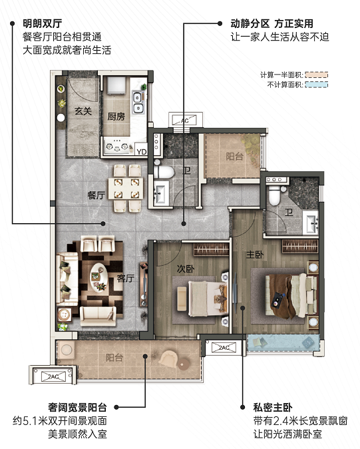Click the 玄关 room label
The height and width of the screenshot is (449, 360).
(83, 111)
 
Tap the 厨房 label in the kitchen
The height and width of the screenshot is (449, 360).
(116, 117)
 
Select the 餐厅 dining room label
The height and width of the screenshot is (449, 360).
(96, 195)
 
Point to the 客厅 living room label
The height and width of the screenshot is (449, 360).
(126, 278)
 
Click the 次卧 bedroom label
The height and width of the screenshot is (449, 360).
(186, 268)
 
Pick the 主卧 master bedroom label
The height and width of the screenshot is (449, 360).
(255, 254)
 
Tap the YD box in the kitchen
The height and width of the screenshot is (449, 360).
(142, 151)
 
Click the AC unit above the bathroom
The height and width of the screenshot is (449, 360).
(186, 121)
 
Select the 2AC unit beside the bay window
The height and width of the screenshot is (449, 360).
(224, 348)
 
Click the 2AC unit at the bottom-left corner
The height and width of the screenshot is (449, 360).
(53, 376)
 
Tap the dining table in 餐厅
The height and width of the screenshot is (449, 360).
(126, 188)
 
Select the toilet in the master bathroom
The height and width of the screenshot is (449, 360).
(274, 195)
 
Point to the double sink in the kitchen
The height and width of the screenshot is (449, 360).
(138, 102)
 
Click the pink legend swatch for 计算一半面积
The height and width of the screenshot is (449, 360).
(316, 75)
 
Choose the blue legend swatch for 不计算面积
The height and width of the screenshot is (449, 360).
(316, 85)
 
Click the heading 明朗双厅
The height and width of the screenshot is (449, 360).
(43, 23)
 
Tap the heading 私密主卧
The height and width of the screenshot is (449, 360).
(273, 407)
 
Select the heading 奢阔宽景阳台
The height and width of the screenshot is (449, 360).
(78, 407)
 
